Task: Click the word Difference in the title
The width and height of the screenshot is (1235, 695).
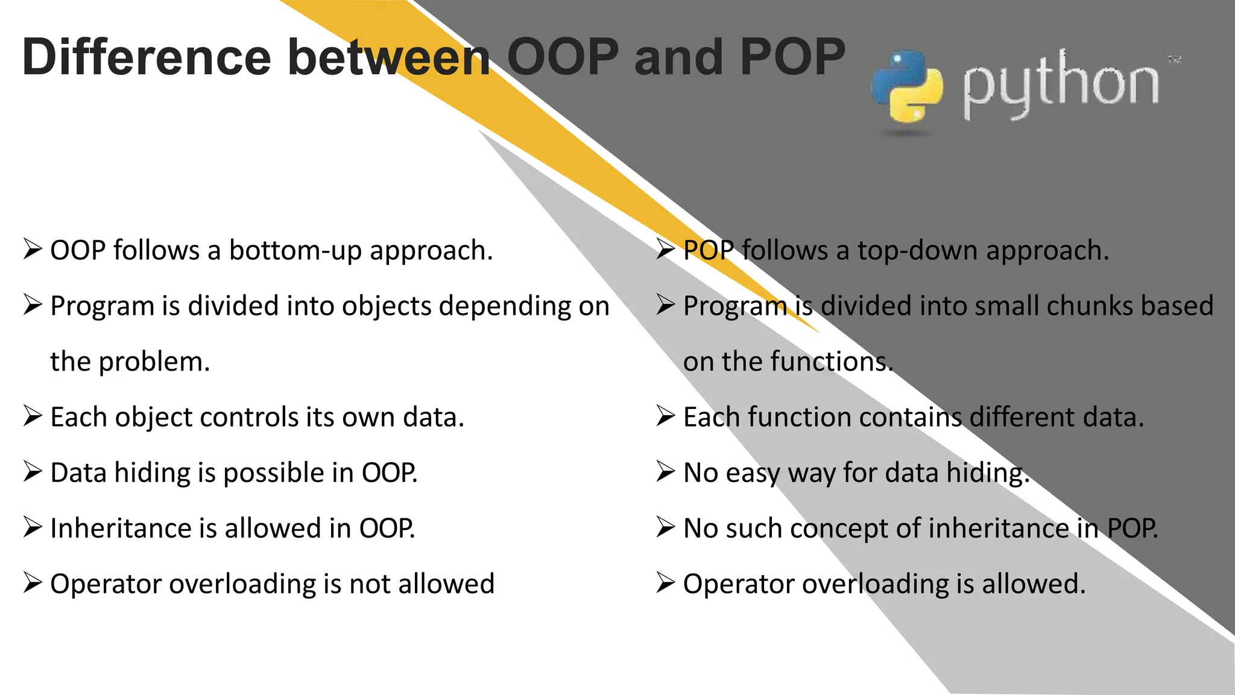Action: click(147, 57)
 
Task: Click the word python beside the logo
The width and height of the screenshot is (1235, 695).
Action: click(1060, 84)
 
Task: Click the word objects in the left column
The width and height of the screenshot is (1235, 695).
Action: click(387, 306)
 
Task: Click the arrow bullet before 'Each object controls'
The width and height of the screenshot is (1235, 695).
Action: click(33, 416)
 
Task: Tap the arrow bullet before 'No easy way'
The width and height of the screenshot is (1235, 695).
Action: click(665, 472)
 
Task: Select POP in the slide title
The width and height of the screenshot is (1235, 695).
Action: click(792, 57)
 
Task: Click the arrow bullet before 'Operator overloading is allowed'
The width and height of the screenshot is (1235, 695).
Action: click(665, 583)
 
